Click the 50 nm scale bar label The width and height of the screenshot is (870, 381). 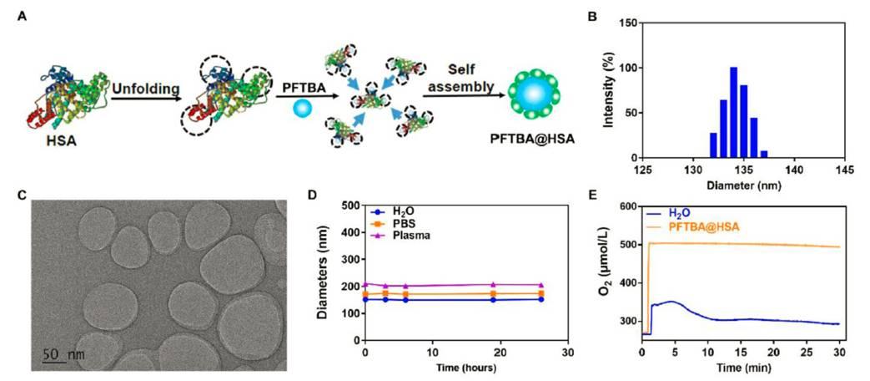tap(63, 355)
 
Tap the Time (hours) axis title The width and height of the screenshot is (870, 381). tap(465, 368)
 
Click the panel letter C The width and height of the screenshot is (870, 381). tap(23, 196)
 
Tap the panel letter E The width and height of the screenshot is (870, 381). tap(593, 196)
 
